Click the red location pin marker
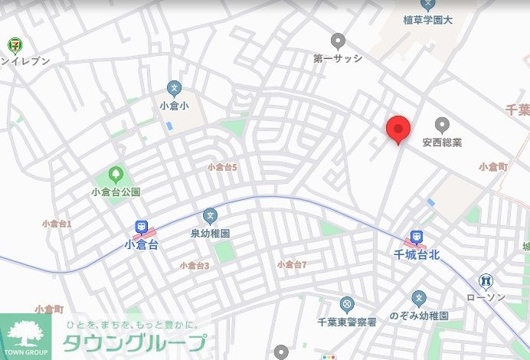(397, 129)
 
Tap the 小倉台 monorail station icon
(142, 227)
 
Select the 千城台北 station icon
(414, 237)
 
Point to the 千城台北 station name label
(415, 254)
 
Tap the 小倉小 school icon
(175, 88)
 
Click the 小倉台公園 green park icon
(116, 175)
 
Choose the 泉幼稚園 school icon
(210, 215)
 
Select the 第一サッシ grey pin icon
(338, 41)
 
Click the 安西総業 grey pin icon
(442, 124)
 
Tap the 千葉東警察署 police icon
(346, 305)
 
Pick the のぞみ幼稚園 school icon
(418, 297)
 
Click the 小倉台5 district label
(223, 167)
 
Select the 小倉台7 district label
(292, 264)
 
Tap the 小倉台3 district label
(195, 265)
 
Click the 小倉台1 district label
(57, 224)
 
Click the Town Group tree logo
(25, 334)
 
